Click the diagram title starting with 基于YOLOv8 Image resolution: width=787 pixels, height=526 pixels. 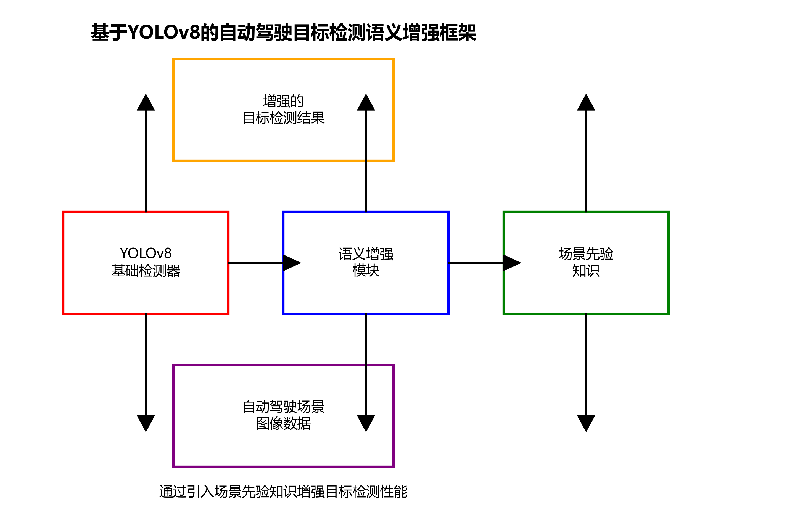(283, 33)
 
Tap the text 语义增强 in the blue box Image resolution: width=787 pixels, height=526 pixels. (366, 254)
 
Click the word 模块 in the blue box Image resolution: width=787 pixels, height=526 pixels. (366, 270)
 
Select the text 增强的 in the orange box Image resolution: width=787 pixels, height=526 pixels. (283, 101)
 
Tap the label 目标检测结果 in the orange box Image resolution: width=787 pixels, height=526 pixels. (283, 118)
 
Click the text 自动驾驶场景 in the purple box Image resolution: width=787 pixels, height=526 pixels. (283, 407)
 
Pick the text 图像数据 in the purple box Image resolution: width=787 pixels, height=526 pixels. (283, 423)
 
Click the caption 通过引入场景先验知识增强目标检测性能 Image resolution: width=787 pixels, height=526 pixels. (283, 492)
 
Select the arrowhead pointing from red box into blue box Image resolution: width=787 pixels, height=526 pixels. (291, 263)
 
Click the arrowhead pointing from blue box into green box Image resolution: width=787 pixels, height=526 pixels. (511, 263)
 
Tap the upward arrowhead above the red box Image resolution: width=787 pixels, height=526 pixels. (146, 103)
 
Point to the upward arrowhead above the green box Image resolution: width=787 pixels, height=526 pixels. (586, 103)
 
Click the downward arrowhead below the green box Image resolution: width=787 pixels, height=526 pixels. (586, 422)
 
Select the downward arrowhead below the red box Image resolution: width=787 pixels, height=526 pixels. (146, 422)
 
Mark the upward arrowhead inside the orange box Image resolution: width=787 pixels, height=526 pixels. (366, 103)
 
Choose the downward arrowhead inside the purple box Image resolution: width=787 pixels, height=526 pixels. (366, 422)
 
